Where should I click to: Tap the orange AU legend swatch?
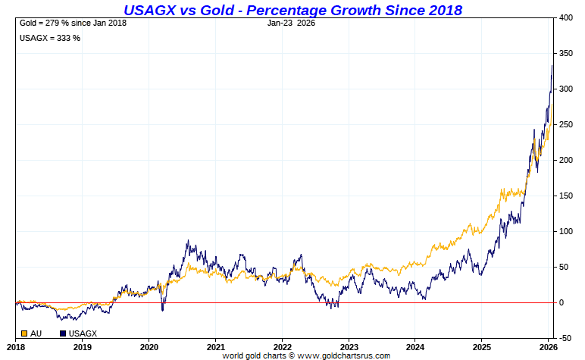[x=24, y=333]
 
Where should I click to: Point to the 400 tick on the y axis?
[x=566, y=18]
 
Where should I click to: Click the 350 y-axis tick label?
[x=566, y=54]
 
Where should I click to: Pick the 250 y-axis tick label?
[x=566, y=125]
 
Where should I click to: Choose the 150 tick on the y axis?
[x=566, y=196]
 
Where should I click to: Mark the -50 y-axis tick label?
[x=565, y=338]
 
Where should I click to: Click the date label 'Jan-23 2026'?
[x=291, y=23]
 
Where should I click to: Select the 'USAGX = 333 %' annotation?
[x=50, y=38]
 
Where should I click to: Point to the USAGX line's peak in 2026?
[x=552, y=66]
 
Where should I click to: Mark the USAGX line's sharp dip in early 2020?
[x=162, y=310]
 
